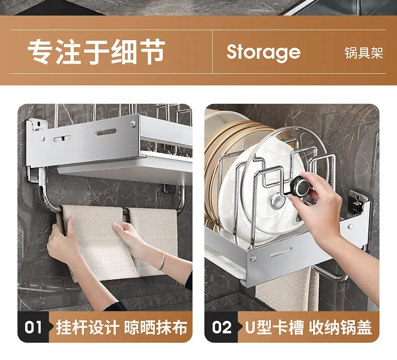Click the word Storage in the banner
(x=263, y=52)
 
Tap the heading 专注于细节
(x=96, y=52)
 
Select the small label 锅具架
(x=363, y=53)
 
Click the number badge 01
(x=33, y=327)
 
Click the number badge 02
(x=222, y=327)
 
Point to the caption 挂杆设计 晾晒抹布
(x=122, y=327)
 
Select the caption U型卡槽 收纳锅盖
(x=309, y=327)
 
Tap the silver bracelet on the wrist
(x=162, y=261)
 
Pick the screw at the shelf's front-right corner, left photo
(x=133, y=124)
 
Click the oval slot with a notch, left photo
(x=62, y=138)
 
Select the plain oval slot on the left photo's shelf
(x=106, y=132)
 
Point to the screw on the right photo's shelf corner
(x=252, y=258)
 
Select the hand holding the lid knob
(x=317, y=205)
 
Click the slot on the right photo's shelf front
(x=281, y=252)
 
